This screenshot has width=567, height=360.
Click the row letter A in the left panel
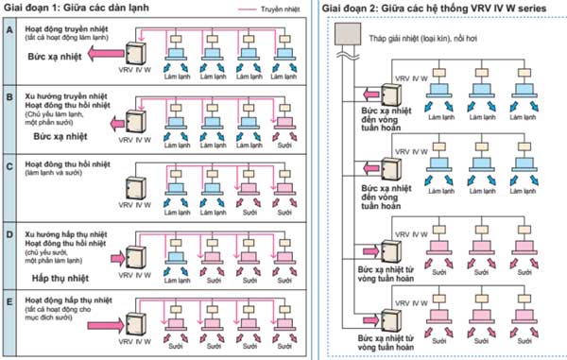(9, 30)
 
